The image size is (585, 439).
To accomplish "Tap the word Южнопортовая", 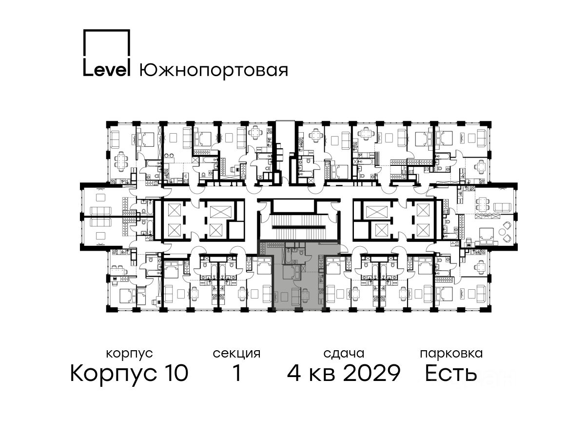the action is click(214, 70).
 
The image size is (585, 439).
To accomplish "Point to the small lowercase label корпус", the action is click(129, 354).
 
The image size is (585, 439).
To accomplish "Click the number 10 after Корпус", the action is click(175, 373).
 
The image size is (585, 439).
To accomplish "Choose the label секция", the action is click(236, 354).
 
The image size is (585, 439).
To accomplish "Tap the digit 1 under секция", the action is click(237, 373).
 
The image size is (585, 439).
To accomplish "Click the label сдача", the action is click(344, 354).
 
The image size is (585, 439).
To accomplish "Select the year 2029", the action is click(371, 373).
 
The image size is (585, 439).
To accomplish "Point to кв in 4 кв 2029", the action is click(322, 375).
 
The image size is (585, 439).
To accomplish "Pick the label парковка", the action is click(451, 354).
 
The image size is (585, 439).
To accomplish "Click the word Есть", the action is click(450, 373).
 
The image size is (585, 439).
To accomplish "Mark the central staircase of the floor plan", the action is click(299, 227).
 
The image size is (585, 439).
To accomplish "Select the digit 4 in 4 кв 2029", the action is click(294, 373).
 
